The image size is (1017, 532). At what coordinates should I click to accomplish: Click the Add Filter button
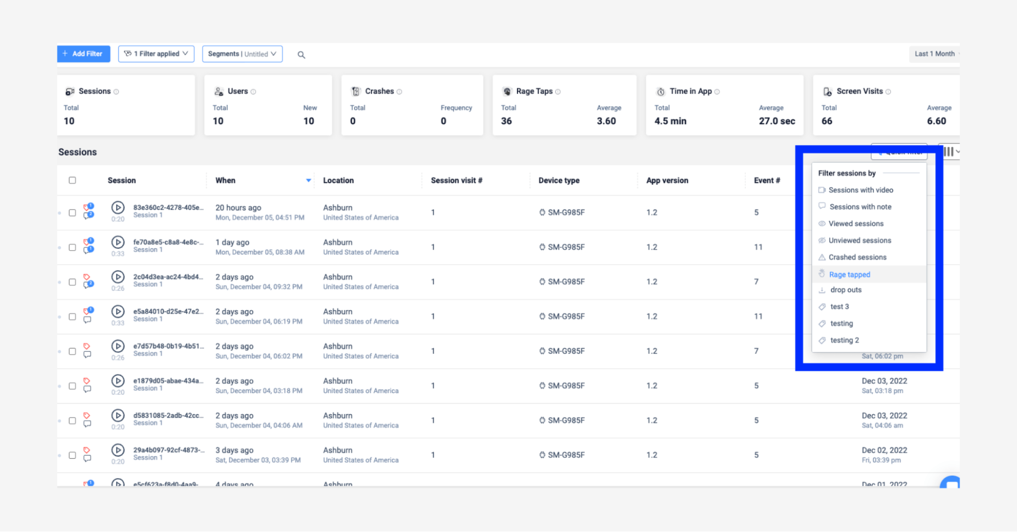coord(83,54)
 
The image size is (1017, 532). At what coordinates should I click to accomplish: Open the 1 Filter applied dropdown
coord(156,54)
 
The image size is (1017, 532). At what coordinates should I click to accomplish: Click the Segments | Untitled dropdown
coord(242,54)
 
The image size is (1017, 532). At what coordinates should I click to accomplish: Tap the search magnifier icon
coord(301,55)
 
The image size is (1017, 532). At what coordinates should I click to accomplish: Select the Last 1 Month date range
coord(935,54)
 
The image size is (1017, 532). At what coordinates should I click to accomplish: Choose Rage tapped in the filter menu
coord(849,275)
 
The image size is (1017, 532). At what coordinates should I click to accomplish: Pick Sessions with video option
coord(860,190)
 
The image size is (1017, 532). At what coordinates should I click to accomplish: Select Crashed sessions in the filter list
coord(857,257)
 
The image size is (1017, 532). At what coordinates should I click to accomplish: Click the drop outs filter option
coord(846,290)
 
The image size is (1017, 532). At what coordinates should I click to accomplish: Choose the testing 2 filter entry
coord(845,340)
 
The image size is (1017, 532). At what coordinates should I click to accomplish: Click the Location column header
coord(338,181)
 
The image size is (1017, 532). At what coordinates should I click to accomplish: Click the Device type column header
coord(559,181)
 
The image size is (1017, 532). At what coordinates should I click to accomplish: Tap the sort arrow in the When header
coord(308,181)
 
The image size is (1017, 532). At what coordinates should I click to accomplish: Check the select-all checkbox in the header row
coord(72,181)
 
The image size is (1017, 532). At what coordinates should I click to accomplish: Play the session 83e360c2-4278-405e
coord(118,208)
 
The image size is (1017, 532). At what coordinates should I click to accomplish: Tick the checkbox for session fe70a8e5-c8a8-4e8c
coord(72,248)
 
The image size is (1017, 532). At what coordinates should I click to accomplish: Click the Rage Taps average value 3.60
coord(606,121)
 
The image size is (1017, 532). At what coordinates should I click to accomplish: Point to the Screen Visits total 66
coord(827,121)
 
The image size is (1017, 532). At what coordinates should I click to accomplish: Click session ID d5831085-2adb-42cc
coord(168,416)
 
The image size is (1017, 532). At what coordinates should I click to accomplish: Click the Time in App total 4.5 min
coord(670,121)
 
